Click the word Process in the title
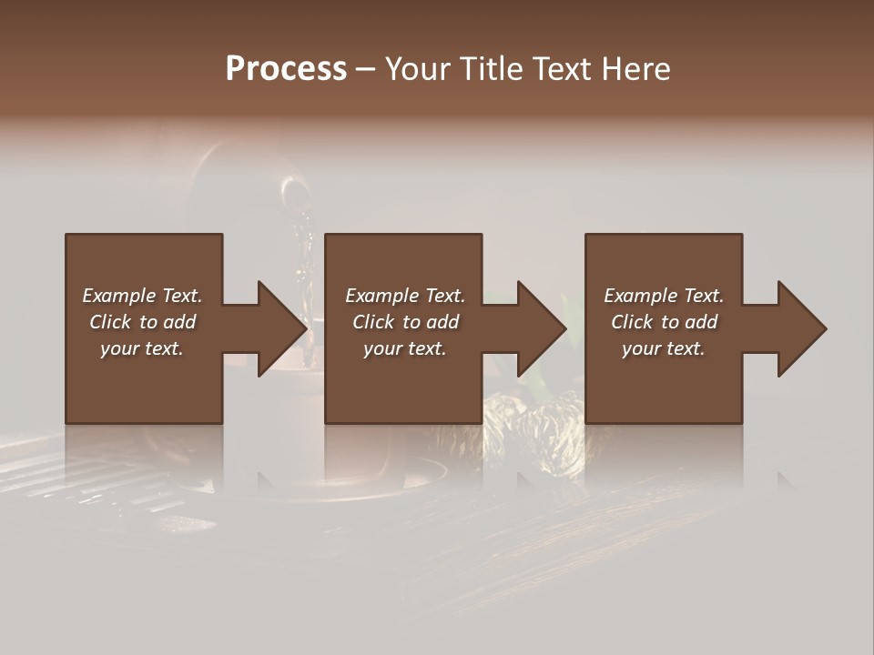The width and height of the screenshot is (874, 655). (x=286, y=69)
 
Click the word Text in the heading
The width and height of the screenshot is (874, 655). (x=563, y=69)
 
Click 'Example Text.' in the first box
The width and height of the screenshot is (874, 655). (x=142, y=296)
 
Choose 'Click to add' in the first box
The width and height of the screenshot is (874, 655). (x=142, y=322)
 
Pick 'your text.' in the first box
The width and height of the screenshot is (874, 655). (x=142, y=348)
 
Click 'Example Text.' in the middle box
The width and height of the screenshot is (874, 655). (x=405, y=296)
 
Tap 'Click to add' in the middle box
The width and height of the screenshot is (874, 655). (x=405, y=322)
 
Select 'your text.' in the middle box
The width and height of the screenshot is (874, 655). (x=405, y=348)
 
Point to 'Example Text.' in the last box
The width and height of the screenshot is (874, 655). (x=664, y=296)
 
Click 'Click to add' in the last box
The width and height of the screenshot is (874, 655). (x=664, y=322)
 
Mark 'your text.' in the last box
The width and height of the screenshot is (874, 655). (x=664, y=348)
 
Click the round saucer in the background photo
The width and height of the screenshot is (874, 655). (x=382, y=478)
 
